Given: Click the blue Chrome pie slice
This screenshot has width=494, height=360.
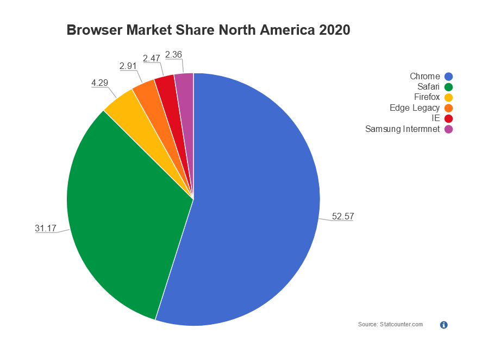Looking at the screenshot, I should (255, 206).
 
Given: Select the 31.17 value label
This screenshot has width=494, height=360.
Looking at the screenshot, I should (46, 229).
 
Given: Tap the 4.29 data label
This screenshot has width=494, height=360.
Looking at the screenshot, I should (100, 83).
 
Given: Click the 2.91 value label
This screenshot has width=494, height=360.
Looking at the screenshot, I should (128, 66).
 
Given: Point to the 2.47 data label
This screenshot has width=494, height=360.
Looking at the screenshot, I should (152, 58).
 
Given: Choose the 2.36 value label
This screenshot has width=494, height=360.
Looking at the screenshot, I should (173, 54).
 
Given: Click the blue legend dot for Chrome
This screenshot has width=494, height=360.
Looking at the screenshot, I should (449, 77).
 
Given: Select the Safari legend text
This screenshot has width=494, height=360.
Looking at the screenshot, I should (428, 87).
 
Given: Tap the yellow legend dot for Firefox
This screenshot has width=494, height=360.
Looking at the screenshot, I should (449, 98).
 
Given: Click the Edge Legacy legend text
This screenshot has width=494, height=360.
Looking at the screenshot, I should (415, 108).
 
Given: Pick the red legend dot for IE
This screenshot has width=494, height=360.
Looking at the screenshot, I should (449, 118).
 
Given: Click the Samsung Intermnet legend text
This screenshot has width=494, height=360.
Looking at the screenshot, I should (402, 129).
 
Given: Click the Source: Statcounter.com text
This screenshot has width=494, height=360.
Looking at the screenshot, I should (390, 324).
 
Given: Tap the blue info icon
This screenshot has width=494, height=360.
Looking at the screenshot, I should (443, 325).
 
